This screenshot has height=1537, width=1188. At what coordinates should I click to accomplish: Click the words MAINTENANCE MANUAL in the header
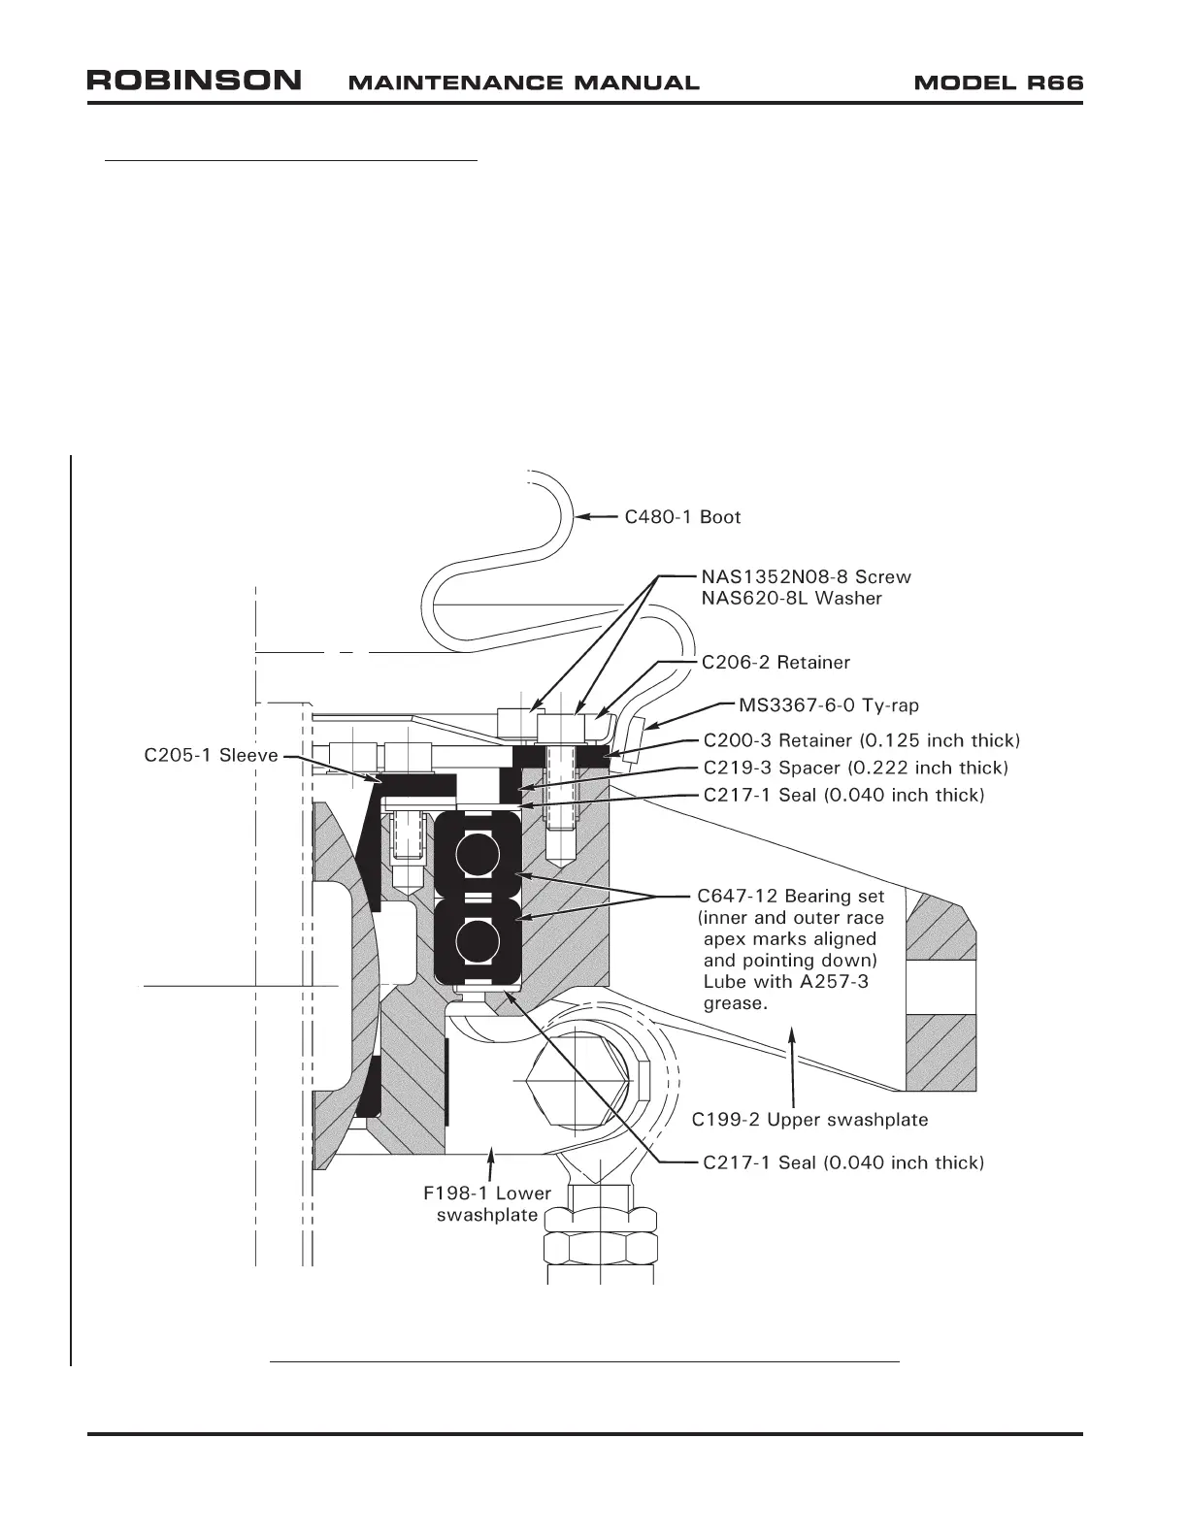523,82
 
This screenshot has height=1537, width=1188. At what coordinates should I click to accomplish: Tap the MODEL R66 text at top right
998,82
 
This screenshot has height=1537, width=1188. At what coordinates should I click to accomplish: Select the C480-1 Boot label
682,517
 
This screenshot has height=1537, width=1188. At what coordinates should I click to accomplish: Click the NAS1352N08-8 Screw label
807,577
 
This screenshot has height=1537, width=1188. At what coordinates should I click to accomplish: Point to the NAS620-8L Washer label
791,599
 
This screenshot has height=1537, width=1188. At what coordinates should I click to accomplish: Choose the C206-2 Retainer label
775,663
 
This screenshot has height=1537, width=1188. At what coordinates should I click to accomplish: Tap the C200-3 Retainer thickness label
861,740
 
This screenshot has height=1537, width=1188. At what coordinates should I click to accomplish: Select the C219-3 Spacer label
855,768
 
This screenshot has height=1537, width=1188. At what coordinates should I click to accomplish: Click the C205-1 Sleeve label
211,756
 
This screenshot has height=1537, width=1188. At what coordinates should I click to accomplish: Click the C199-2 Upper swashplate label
809,1120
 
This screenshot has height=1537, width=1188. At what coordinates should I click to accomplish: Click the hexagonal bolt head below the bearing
575,1079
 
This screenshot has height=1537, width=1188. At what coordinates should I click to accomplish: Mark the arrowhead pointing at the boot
580,516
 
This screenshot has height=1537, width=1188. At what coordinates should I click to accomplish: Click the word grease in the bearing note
735,1003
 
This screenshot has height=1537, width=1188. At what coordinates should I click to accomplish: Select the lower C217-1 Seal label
842,1162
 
